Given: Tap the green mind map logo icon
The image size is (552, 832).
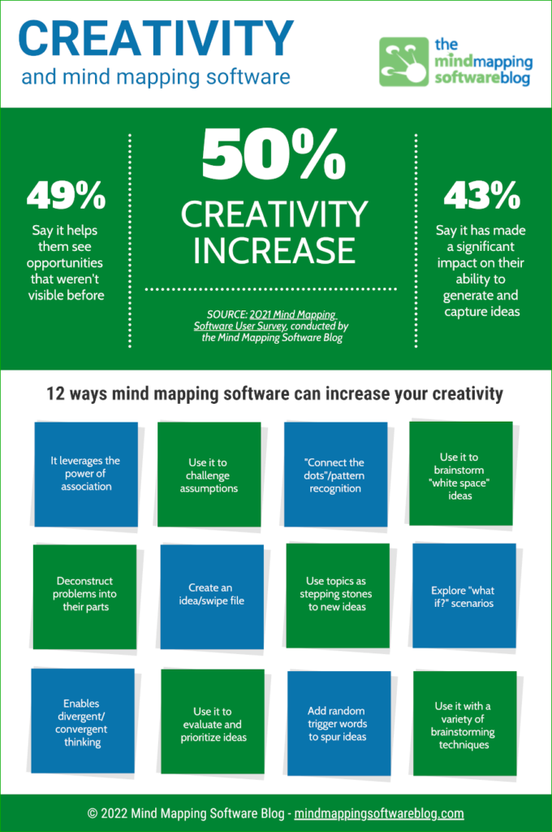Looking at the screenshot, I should click(405, 61).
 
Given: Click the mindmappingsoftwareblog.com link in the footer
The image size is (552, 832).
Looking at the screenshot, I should click(379, 813).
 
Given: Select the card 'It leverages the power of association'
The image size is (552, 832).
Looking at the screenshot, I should click(85, 474).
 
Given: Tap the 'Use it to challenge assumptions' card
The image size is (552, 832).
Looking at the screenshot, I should click(209, 475).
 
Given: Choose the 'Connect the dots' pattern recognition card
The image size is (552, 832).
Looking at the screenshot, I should click(336, 475).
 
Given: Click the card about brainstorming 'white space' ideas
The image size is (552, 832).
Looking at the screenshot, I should click(460, 474).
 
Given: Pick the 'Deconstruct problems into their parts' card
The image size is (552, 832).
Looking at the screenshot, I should click(85, 595).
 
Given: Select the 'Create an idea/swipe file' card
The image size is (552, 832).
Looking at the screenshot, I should click(212, 595).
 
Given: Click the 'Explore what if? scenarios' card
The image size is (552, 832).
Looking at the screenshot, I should click(464, 596).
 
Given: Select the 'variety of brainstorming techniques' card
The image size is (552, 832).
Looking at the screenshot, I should click(464, 722).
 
